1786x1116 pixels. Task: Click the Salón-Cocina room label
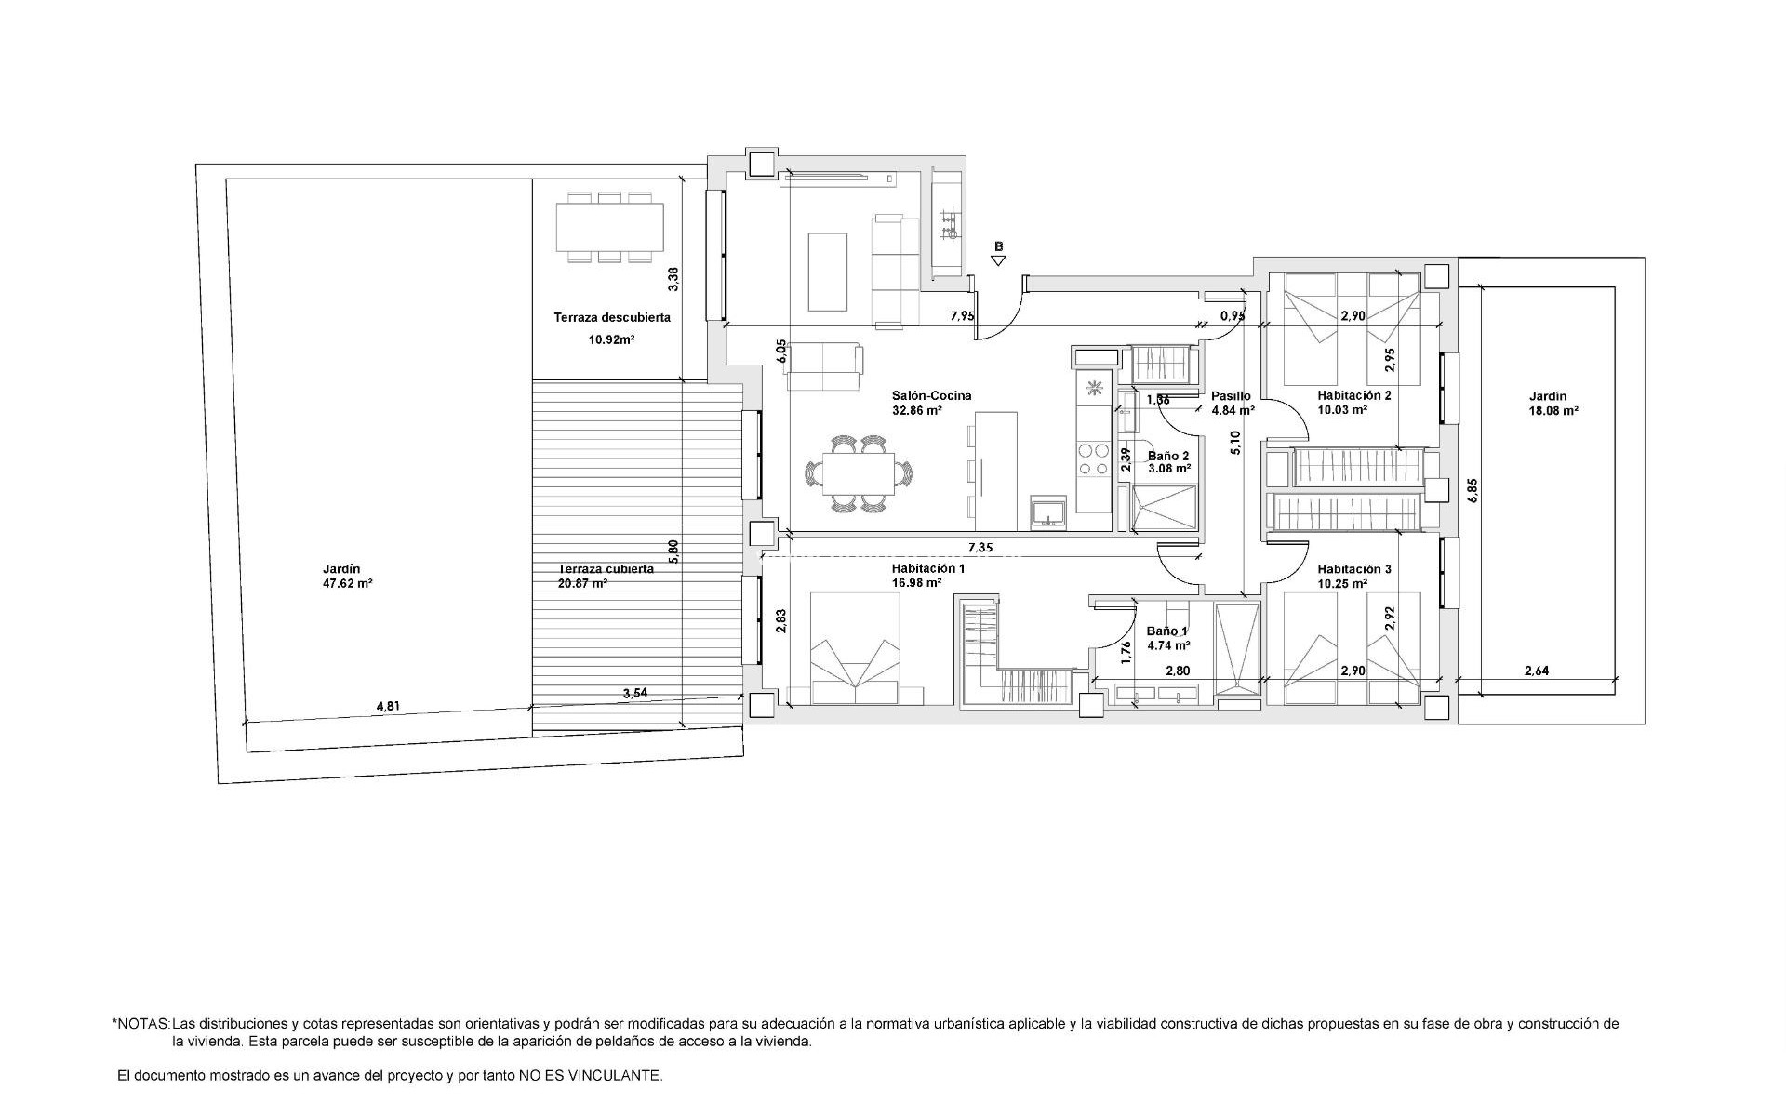coord(931,396)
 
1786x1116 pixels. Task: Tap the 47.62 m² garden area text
coord(347,585)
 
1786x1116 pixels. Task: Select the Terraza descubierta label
coord(612,318)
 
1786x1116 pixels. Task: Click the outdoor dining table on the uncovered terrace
coord(610,228)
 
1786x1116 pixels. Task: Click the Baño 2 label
coord(1168,457)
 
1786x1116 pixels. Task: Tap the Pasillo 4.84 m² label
coord(1233,403)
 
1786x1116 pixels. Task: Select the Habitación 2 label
coord(1353,395)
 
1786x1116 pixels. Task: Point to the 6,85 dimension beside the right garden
coord(1472,491)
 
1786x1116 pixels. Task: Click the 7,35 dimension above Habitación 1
coord(980,548)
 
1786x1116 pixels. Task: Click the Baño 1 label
coord(1166,631)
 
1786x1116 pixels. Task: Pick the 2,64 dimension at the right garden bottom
coord(1537,671)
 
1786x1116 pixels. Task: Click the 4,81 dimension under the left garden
coord(387,706)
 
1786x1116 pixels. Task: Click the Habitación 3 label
coord(1353,569)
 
